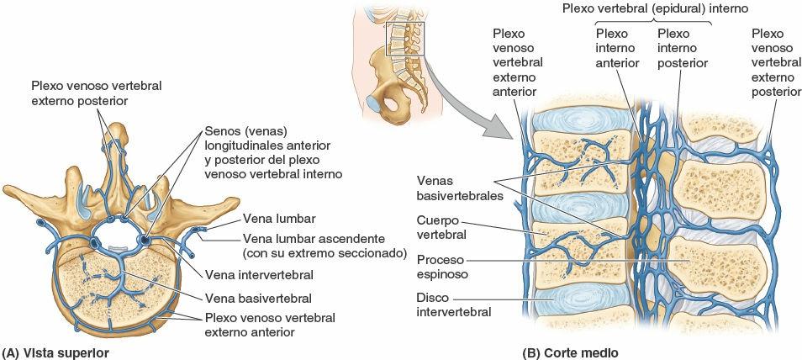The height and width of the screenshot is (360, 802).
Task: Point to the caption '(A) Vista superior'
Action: (x=55, y=352)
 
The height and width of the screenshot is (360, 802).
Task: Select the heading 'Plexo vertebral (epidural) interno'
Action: (x=656, y=8)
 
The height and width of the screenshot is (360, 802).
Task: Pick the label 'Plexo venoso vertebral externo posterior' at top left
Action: (x=96, y=93)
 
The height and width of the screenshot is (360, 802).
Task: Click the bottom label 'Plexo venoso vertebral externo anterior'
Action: (x=269, y=325)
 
